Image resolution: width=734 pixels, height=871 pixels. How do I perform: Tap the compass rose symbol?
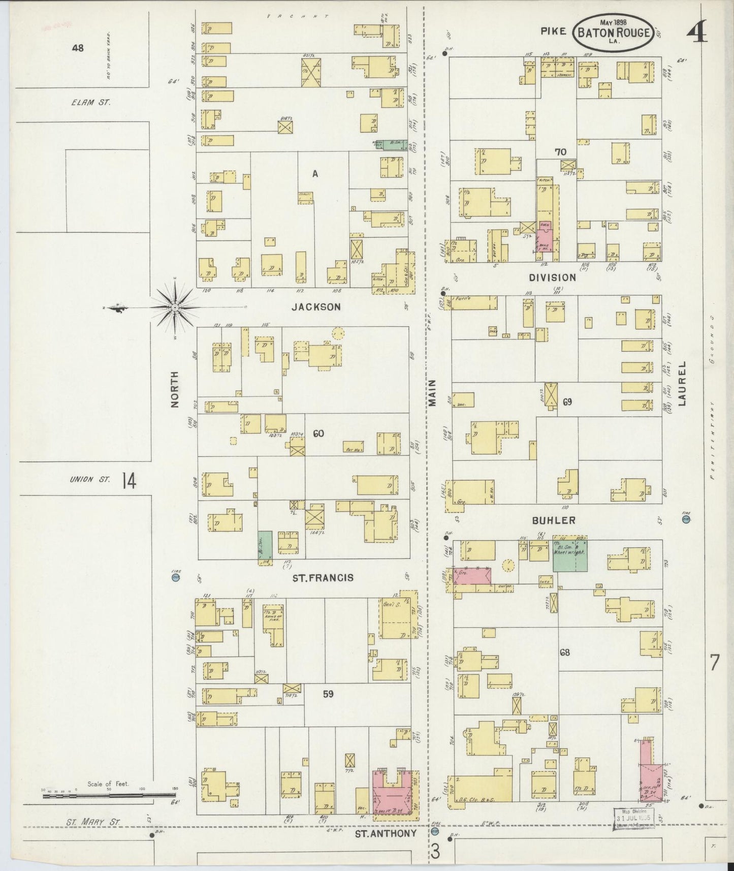174,307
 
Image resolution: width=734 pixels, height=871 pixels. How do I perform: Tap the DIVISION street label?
552,277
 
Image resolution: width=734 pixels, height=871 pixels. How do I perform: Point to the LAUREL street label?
682,384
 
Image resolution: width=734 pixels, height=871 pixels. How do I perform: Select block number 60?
318,433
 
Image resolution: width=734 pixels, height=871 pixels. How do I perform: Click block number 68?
565,652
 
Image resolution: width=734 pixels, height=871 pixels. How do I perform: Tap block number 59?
328,693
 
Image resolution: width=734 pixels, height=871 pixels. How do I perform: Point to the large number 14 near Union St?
129,481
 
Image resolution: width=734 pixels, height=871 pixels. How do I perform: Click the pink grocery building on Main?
472,576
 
